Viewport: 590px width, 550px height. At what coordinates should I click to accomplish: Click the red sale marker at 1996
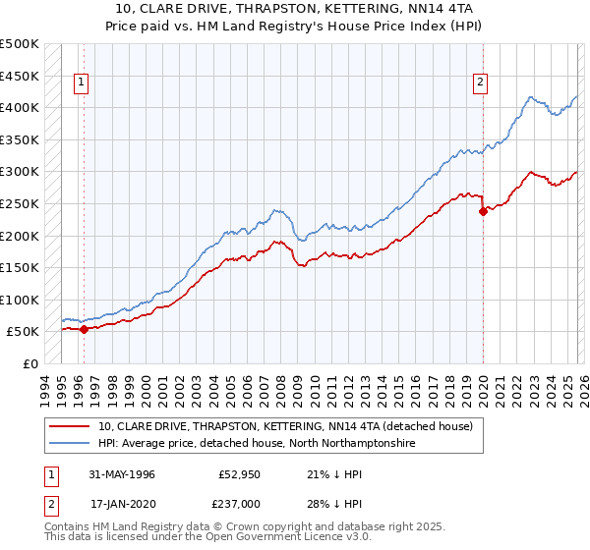click(84, 330)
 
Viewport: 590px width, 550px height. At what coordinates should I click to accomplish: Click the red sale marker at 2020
click(483, 211)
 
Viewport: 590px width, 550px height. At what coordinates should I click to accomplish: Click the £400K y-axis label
click(20, 108)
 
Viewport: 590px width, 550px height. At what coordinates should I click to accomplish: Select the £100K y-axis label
click(20, 300)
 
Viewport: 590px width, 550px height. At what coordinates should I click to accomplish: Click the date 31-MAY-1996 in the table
click(122, 474)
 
